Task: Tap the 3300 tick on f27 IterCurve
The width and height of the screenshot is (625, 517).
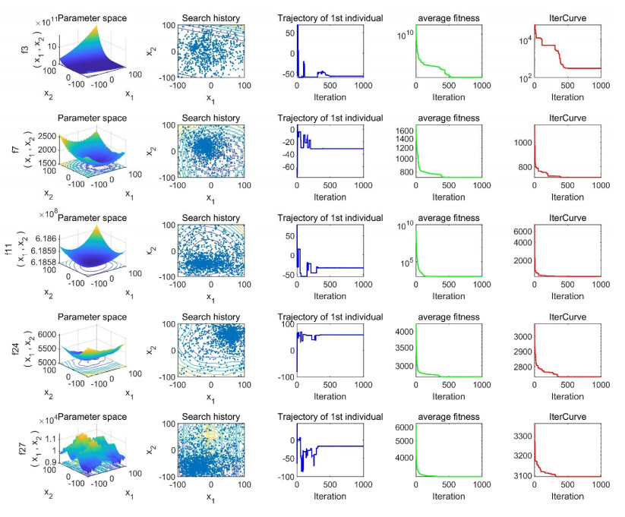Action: pyautogui.click(x=520, y=437)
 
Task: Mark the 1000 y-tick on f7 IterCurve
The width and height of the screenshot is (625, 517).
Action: pyautogui.click(x=520, y=143)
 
